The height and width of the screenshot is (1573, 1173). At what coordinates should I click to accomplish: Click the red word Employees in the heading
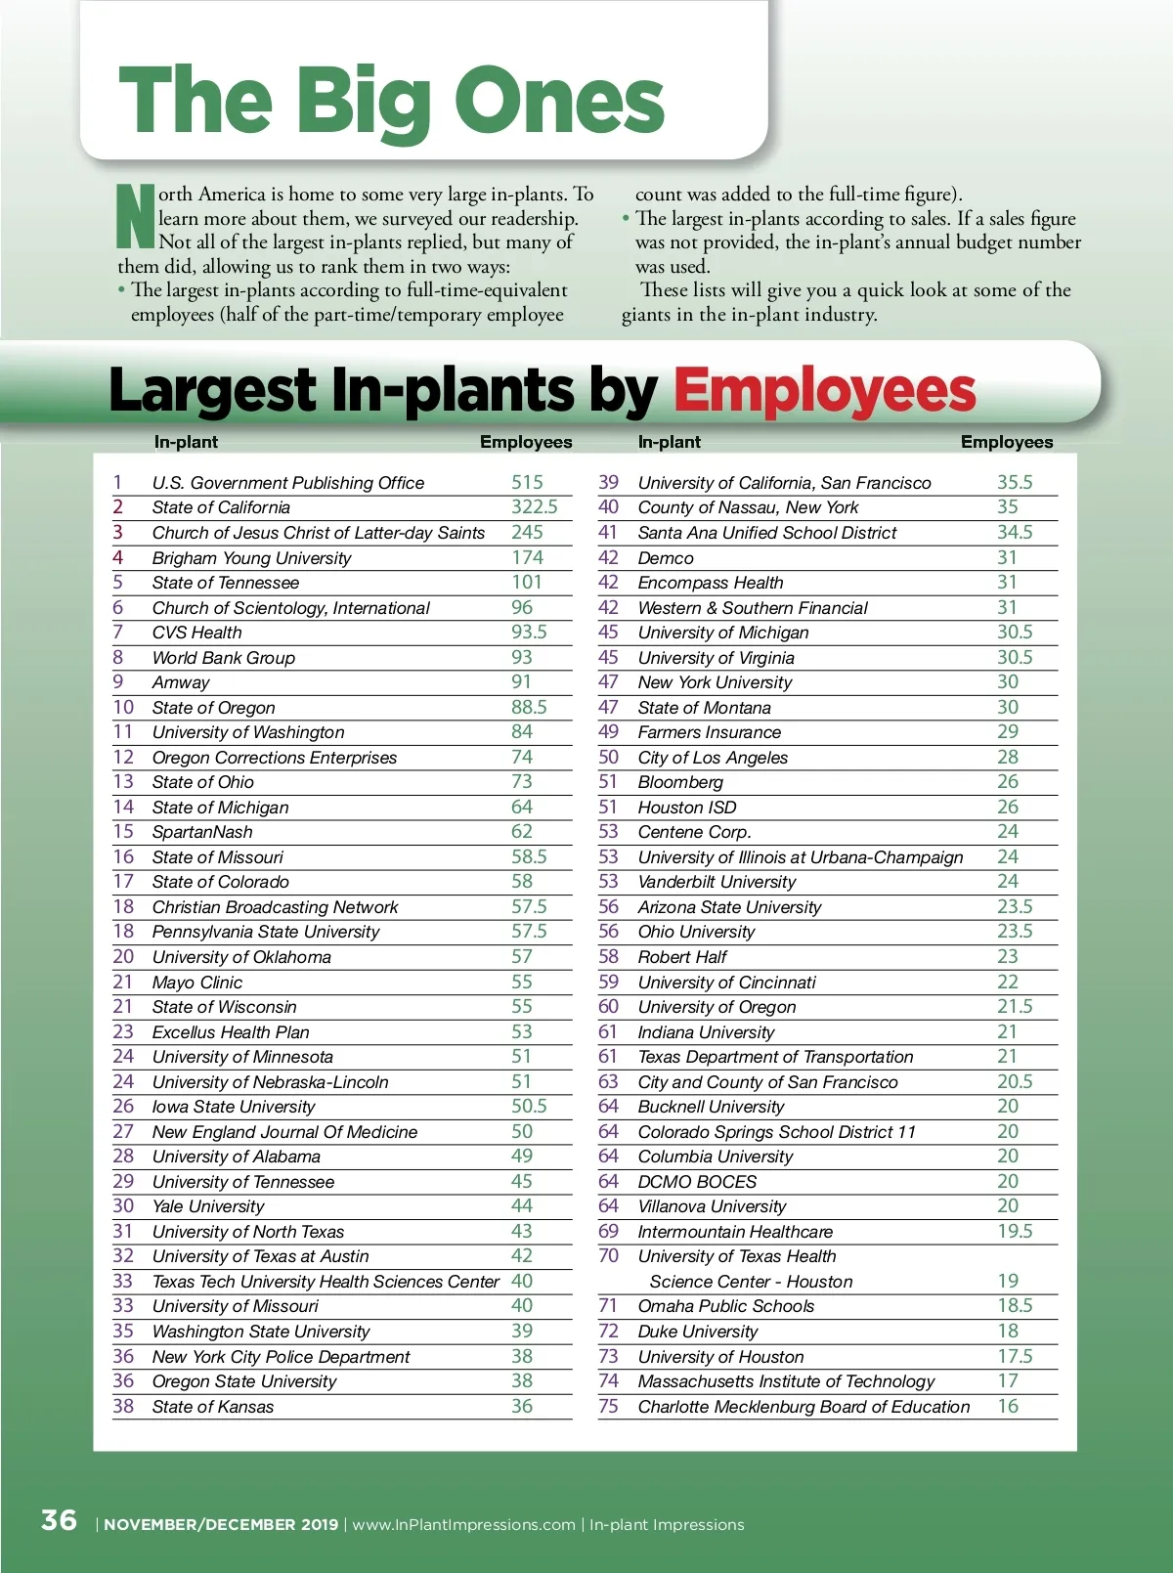click(824, 390)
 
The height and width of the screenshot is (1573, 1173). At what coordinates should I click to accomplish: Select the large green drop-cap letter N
click(136, 215)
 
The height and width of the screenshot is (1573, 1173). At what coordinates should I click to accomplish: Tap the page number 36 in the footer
click(59, 1520)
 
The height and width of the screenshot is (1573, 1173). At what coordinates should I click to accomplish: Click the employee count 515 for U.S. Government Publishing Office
click(527, 482)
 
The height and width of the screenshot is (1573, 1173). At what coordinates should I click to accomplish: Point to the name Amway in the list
click(181, 682)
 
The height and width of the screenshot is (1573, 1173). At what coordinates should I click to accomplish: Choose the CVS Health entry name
click(196, 633)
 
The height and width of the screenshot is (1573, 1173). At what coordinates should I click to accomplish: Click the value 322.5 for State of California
click(534, 507)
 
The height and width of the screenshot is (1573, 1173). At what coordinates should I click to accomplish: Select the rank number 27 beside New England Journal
click(123, 1131)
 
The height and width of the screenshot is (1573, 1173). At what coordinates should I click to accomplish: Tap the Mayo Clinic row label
click(196, 983)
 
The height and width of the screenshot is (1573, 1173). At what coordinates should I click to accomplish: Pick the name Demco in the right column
click(666, 558)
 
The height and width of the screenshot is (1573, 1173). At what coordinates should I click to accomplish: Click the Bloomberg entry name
click(680, 782)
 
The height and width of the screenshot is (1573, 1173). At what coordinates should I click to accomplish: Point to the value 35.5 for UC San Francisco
click(1015, 482)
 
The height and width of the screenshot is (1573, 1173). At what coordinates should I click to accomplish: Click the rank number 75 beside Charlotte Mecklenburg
click(608, 1406)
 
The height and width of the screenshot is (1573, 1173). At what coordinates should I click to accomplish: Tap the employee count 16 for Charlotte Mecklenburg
click(1008, 1406)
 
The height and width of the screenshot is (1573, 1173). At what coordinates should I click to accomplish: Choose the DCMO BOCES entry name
click(697, 1182)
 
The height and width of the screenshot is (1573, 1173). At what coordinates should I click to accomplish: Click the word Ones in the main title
click(559, 101)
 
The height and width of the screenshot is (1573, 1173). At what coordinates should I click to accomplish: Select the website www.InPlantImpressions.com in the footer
click(463, 1524)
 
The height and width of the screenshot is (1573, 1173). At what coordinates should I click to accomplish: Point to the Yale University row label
click(208, 1206)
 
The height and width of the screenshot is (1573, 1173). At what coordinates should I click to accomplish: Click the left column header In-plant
click(186, 442)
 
